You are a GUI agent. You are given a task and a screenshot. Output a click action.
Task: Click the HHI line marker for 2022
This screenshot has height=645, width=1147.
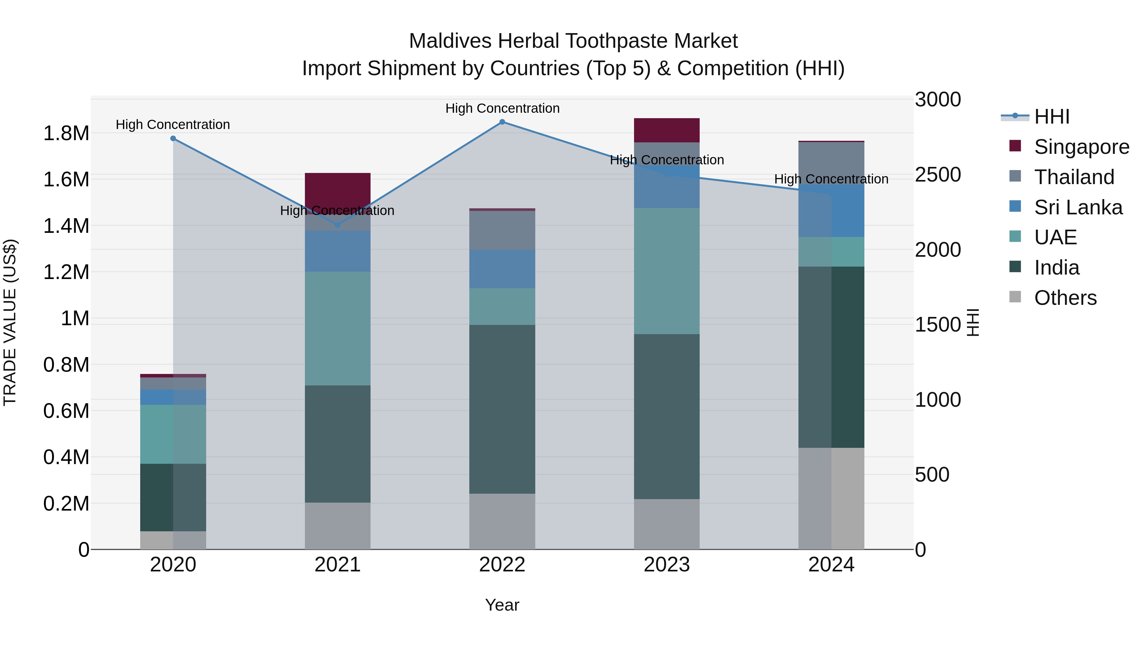click(x=502, y=122)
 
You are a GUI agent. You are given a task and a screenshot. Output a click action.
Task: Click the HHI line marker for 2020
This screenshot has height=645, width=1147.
click(x=173, y=139)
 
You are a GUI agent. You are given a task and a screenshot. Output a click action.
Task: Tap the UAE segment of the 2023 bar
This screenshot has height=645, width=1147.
click(x=667, y=271)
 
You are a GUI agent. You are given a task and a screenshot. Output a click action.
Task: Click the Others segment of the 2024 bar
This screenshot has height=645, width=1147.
click(x=831, y=498)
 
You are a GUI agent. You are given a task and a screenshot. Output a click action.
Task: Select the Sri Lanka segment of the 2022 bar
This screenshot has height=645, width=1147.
click(x=502, y=269)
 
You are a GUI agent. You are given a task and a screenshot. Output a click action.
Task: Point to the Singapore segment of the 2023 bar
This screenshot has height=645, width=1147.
click(x=667, y=130)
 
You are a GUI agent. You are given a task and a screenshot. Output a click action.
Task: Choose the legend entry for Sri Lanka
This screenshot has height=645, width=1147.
click(x=1078, y=207)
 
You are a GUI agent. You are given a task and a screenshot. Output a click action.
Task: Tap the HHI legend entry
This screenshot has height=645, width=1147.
click(x=1051, y=117)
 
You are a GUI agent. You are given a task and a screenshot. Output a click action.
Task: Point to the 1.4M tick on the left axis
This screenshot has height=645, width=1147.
click(x=66, y=226)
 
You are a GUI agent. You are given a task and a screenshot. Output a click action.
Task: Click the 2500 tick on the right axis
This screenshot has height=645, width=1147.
click(x=938, y=175)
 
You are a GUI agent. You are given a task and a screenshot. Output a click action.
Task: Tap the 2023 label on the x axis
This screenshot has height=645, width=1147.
click(x=667, y=565)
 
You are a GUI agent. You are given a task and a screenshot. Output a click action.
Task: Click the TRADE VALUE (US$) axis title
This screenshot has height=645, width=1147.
click(x=10, y=322)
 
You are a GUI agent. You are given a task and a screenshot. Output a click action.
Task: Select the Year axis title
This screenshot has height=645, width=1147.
click(x=502, y=605)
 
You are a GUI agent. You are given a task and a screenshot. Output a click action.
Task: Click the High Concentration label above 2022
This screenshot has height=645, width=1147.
click(x=502, y=108)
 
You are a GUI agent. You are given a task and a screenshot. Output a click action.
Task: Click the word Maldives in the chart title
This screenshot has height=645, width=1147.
click(x=450, y=41)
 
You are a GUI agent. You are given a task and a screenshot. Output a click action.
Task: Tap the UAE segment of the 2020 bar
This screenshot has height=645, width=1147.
click(x=173, y=434)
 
